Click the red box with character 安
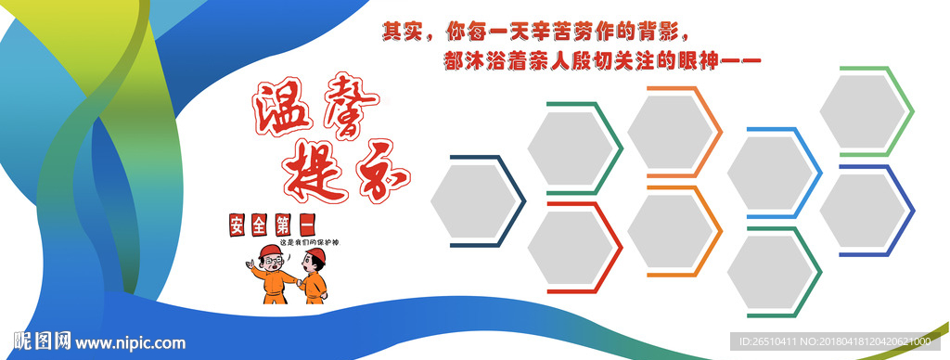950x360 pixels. [x=238, y=225]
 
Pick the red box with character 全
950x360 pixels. [x=262, y=225]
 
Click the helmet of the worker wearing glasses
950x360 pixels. [x=271, y=251]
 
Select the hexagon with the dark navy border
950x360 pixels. [x=476, y=201]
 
